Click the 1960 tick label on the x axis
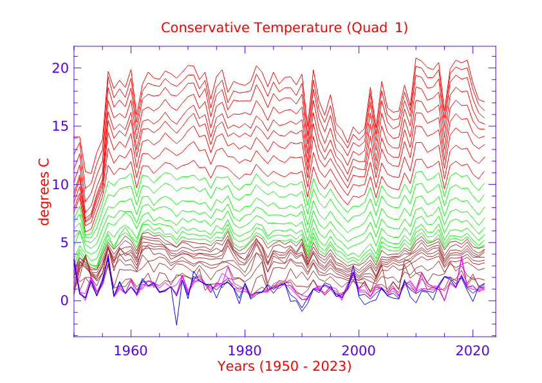pyautogui.click(x=131, y=351)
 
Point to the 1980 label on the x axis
pyautogui.click(x=245, y=351)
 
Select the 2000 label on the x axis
pyautogui.click(x=359, y=351)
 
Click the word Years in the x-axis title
pyautogui.click(x=237, y=367)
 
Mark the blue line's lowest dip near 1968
pyautogui.click(x=176, y=324)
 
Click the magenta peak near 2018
pyautogui.click(x=462, y=256)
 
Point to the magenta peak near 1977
pyautogui.click(x=228, y=266)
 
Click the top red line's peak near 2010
pyautogui.click(x=416, y=58)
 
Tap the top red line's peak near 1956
pyautogui.click(x=108, y=71)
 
